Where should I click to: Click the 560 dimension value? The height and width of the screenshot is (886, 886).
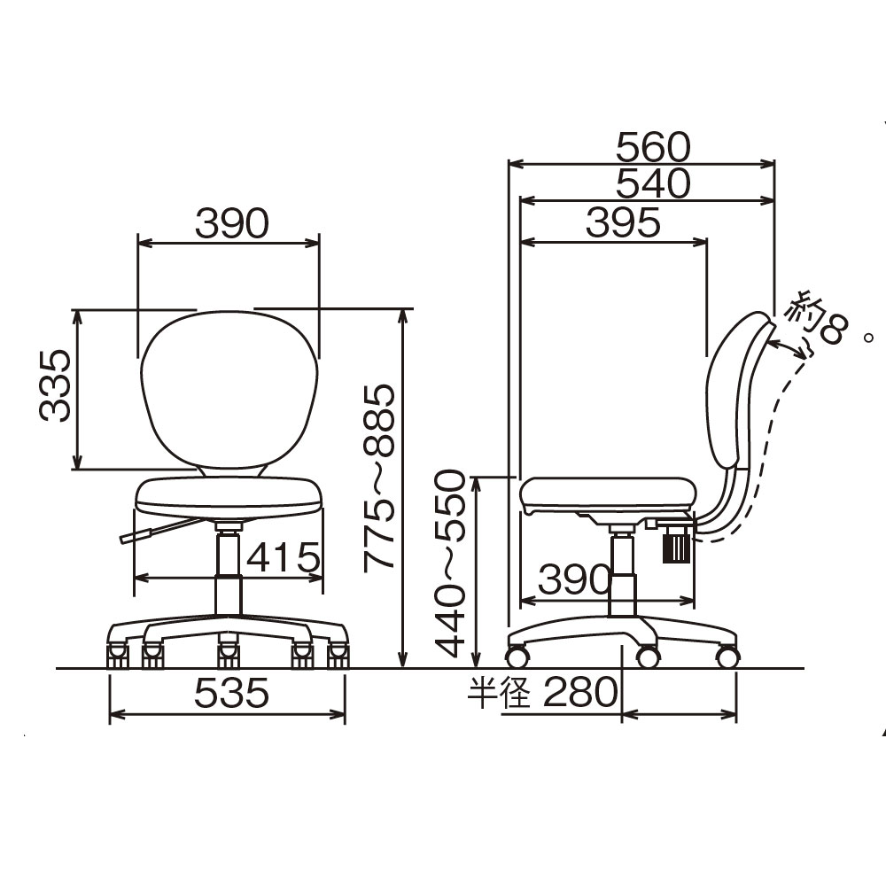tap(653, 147)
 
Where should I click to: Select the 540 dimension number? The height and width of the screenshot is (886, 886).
tap(653, 183)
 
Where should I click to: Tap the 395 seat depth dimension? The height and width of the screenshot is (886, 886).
tap(623, 222)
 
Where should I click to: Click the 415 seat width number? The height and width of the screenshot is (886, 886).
tap(284, 557)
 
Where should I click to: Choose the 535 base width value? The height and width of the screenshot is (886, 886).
tap(231, 693)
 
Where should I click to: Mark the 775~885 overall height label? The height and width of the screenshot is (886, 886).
tap(379, 478)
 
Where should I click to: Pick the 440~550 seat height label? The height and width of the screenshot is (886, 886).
tap(451, 563)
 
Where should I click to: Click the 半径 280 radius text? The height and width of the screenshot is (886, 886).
tap(542, 692)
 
